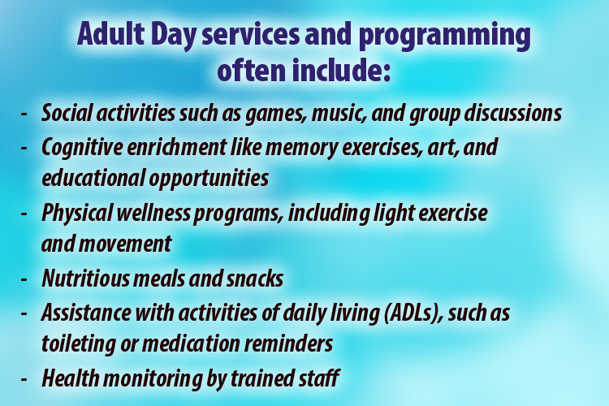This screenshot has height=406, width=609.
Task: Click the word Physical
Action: coord(76,214)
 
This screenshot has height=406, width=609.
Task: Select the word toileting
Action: coord(77,343)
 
